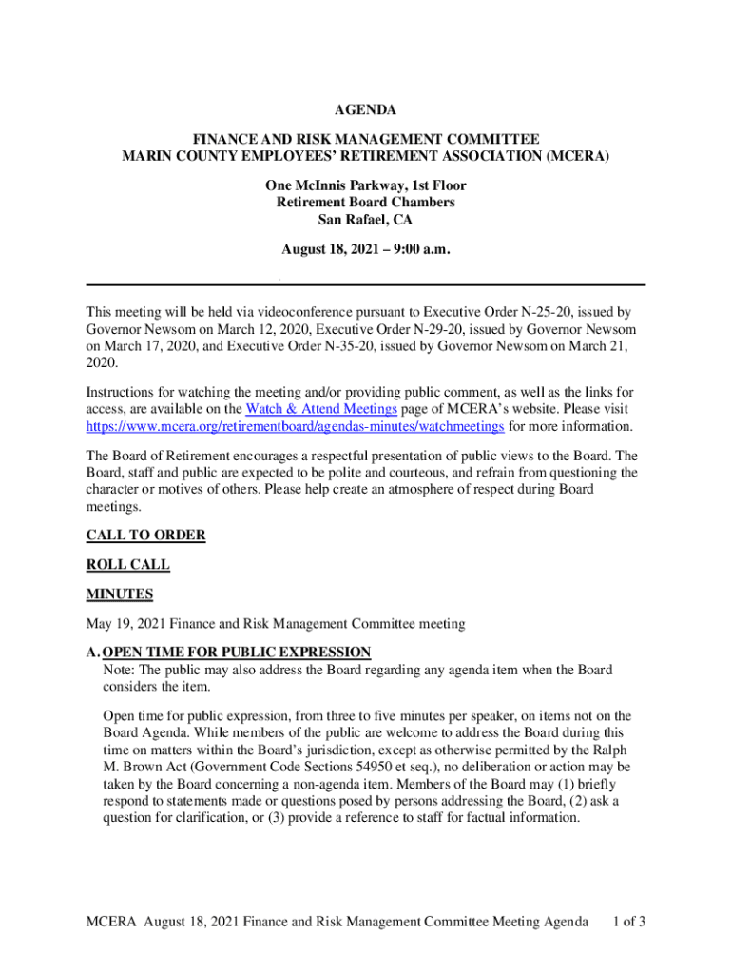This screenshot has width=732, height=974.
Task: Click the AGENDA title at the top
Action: point(366,111)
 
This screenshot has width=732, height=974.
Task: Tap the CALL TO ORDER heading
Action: point(145,536)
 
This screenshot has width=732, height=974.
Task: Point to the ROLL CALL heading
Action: point(128,564)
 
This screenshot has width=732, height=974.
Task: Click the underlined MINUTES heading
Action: point(120,594)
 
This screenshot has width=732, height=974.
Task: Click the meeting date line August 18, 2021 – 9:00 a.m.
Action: point(366,250)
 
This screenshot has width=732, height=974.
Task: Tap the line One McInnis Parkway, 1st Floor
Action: point(366,185)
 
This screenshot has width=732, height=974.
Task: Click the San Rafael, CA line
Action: point(366,220)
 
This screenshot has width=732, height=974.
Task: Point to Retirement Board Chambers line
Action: point(366,203)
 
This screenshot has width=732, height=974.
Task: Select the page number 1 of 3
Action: point(629,922)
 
